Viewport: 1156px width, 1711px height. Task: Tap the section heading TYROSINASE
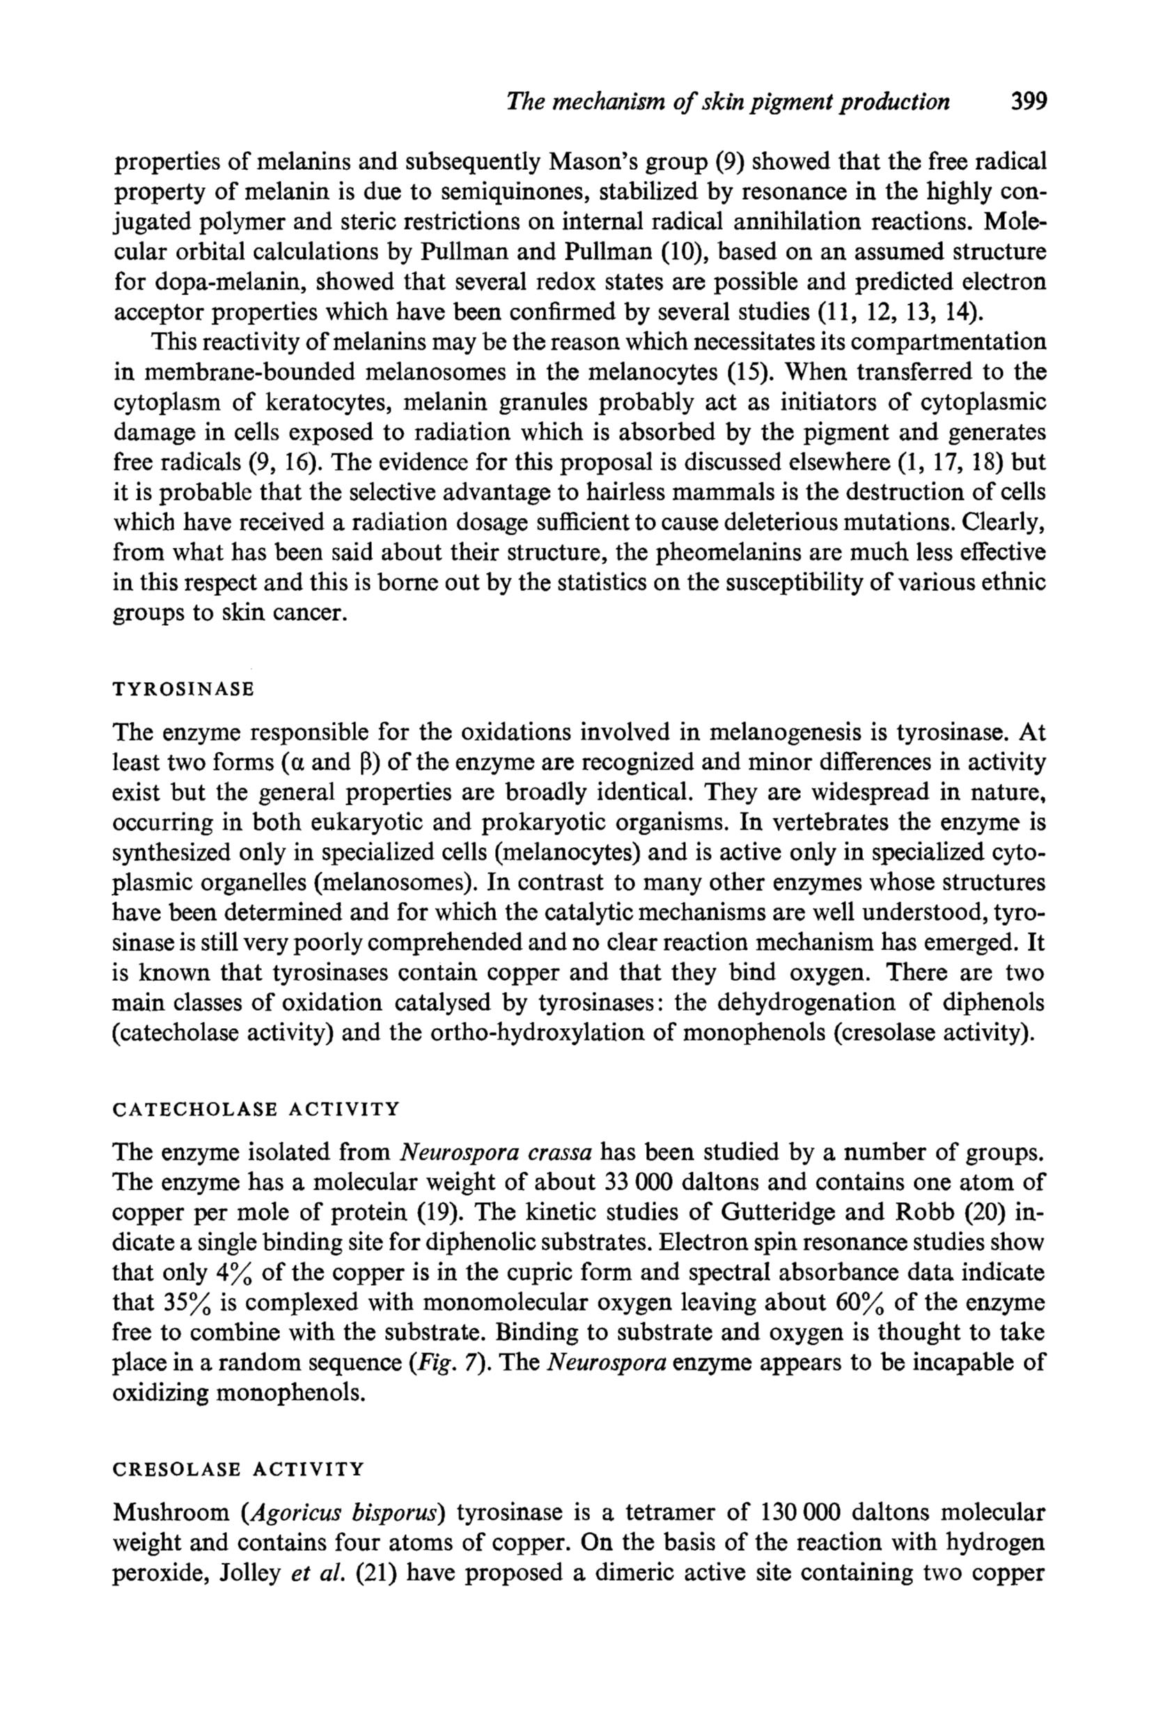(183, 689)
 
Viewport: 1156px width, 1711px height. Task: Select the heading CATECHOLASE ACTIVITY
(256, 1109)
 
